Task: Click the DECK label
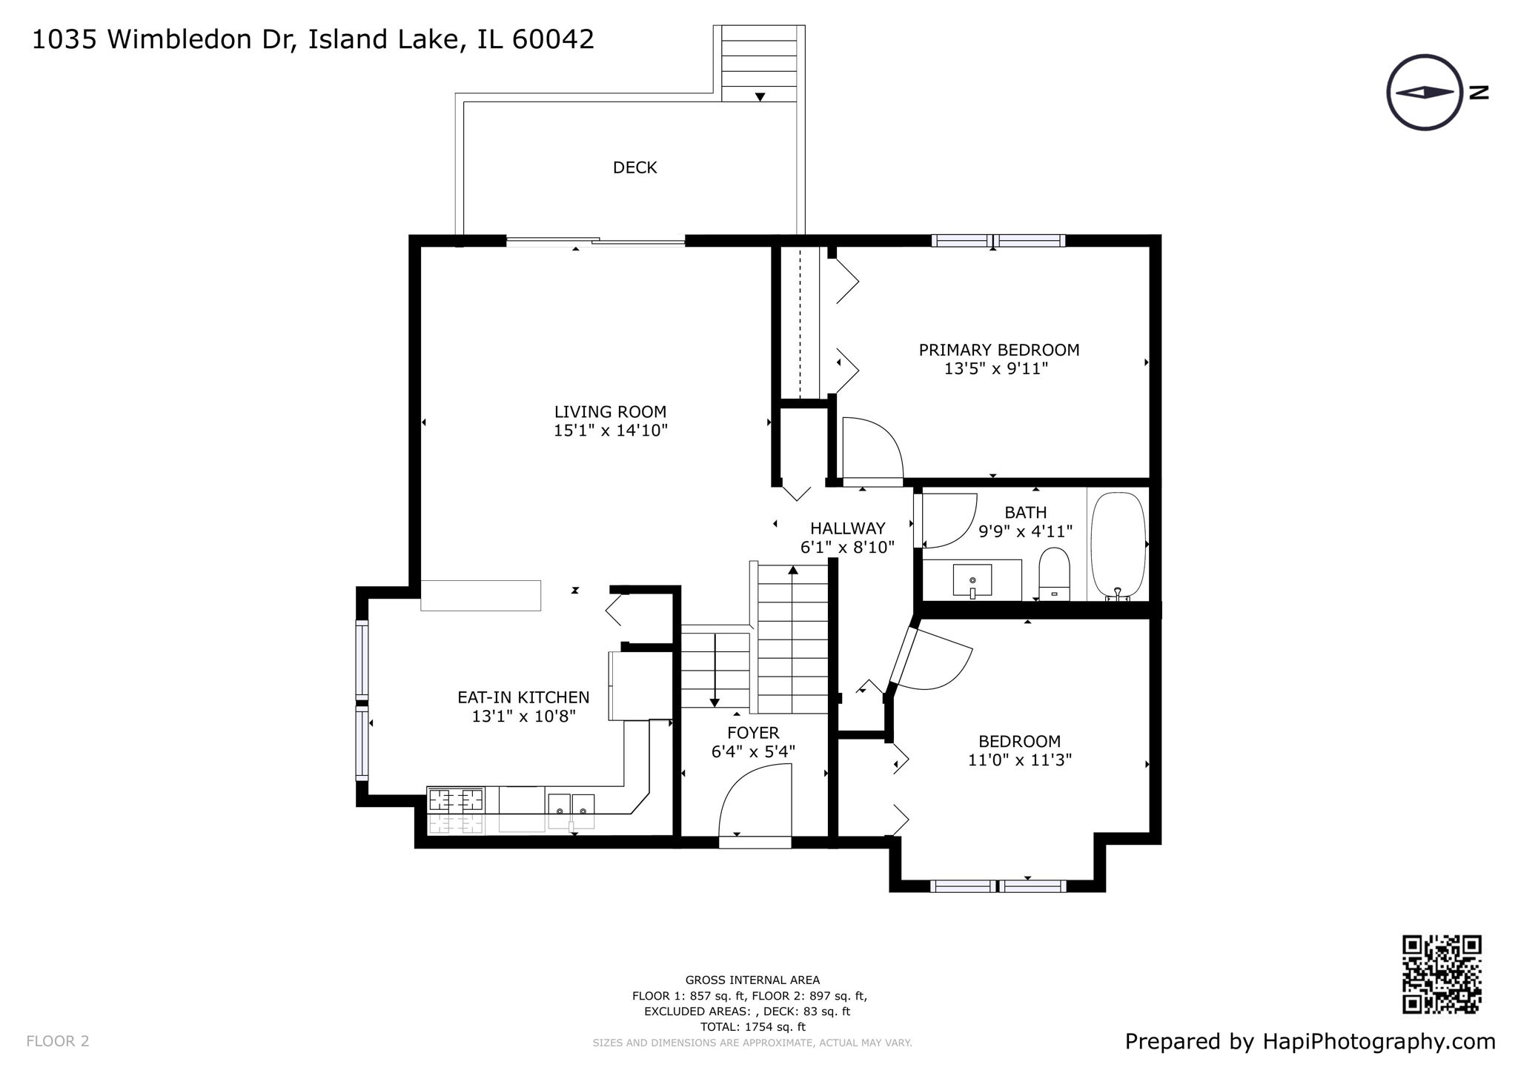point(634,168)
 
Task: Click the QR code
point(1442,974)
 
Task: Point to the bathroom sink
point(972,580)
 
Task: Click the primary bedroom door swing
point(871,449)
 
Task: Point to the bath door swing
point(947,519)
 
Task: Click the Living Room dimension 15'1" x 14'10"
point(611,431)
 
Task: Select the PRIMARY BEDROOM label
point(998,350)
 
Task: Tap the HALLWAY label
point(847,528)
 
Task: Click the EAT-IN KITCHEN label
point(523,697)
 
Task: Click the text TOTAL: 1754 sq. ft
point(752,1027)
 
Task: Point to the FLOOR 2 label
point(58,1041)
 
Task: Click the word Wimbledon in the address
point(190,39)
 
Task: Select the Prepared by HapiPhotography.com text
point(1310,1041)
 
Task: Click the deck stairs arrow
point(760,97)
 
